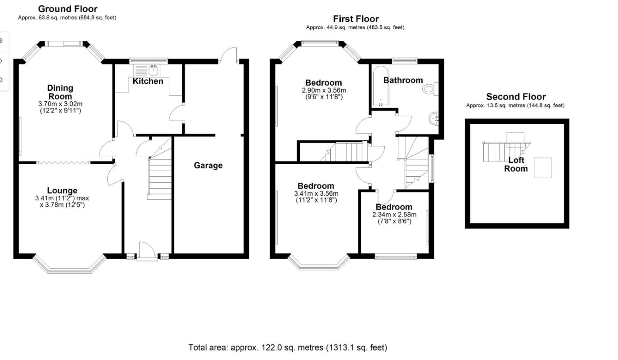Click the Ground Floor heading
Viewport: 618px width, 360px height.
68,9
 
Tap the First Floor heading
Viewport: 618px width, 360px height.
356,19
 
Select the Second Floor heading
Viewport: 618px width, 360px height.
515,97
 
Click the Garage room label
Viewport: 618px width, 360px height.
208,166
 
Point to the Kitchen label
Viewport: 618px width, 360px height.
148,81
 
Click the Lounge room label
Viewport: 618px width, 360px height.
62,191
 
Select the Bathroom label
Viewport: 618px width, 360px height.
403,80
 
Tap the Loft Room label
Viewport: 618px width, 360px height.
516,165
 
